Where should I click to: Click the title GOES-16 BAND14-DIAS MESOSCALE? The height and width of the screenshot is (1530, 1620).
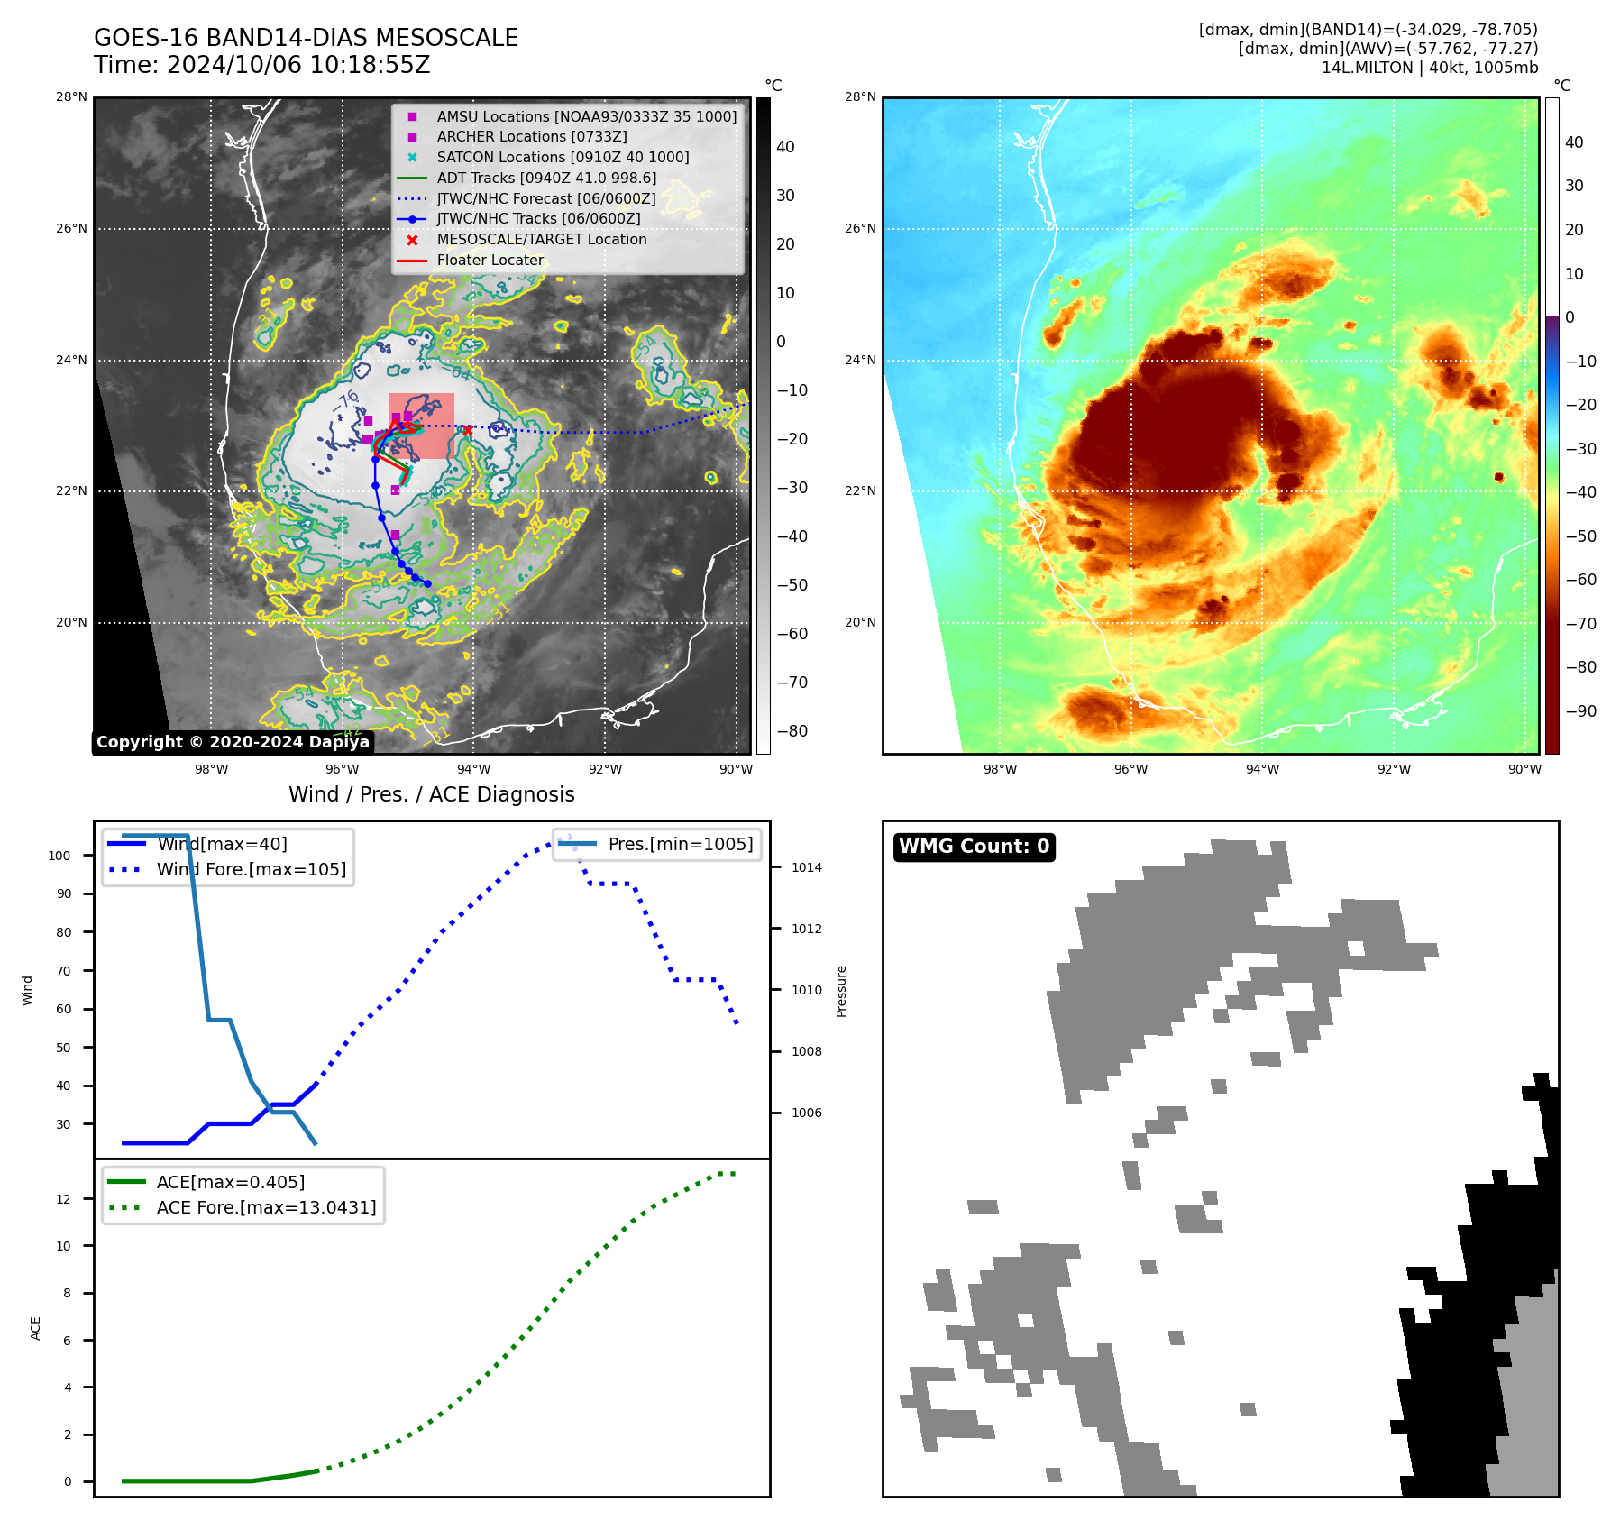(x=306, y=38)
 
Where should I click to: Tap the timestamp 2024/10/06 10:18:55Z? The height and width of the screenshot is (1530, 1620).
(x=298, y=66)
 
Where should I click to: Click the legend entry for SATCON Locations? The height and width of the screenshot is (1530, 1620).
(x=563, y=157)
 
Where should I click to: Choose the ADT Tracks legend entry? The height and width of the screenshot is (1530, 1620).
(x=546, y=178)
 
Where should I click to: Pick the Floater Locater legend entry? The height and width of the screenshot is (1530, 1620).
(x=490, y=260)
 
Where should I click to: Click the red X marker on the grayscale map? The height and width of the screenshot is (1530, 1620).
(x=467, y=431)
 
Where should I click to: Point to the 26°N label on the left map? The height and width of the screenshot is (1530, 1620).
(x=72, y=228)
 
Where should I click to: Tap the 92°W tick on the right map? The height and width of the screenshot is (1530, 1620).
(x=1394, y=769)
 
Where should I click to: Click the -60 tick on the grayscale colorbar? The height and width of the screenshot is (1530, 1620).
(x=792, y=634)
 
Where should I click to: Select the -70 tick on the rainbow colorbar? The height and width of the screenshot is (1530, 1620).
(x=1581, y=624)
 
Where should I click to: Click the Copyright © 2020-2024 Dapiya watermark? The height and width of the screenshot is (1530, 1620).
(x=233, y=742)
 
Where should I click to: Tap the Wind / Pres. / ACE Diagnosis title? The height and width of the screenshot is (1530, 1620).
(x=431, y=794)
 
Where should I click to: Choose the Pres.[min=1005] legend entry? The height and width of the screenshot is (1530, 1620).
(x=680, y=844)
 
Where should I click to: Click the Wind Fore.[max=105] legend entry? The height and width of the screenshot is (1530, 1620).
(x=251, y=869)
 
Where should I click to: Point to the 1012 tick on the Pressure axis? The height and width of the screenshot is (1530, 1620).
(x=807, y=929)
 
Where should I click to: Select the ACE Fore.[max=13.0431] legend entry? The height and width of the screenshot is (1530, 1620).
(x=266, y=1207)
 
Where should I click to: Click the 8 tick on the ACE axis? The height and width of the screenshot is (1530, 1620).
(x=67, y=1293)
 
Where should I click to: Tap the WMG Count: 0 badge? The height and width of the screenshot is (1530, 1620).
(x=974, y=847)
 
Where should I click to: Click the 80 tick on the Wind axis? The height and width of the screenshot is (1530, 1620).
(x=63, y=932)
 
